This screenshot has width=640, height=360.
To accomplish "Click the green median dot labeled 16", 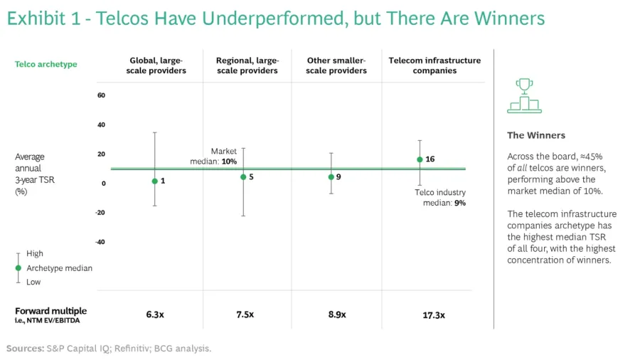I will pos(420,159).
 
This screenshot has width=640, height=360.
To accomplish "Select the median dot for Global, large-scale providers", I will pos(154,181).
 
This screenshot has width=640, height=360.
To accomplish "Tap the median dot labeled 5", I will pos(243,176).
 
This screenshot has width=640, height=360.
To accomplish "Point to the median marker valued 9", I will pos(331,176).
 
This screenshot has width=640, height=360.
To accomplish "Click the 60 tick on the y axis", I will pos(101,95).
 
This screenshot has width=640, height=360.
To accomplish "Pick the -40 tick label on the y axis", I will pos(100,242).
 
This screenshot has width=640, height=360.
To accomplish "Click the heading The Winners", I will pos(535,135).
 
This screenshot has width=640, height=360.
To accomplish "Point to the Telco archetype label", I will pos(46,65).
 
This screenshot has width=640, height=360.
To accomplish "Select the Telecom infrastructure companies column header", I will pos(434,65).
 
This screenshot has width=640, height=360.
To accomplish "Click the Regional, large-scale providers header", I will pos(247,65).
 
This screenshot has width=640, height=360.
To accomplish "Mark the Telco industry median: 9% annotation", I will pos(440,197).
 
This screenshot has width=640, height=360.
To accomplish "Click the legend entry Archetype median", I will pos(59,268).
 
